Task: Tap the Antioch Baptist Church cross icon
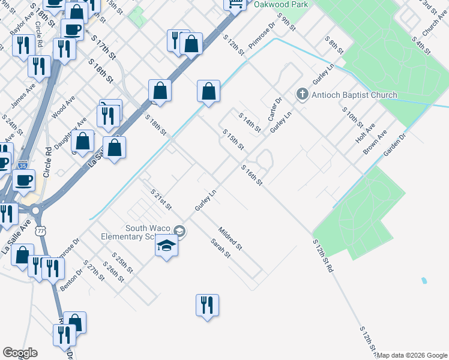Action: pyautogui.click(x=303, y=94)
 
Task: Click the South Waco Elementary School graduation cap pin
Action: pyautogui.click(x=166, y=247)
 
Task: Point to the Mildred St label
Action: pyautogui.click(x=230, y=238)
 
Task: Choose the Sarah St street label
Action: pyautogui.click(x=220, y=247)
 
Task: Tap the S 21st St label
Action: pyautogui.click(x=161, y=198)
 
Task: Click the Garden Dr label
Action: pyautogui.click(x=395, y=145)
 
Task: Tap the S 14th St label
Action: pyautogui.click(x=250, y=122)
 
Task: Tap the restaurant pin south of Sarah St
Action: pyautogui.click(x=206, y=305)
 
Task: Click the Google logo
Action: pyautogui.click(x=20, y=353)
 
